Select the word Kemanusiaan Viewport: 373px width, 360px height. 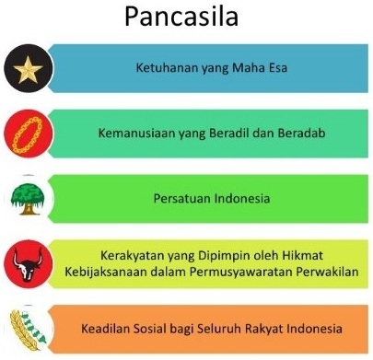(x=137, y=132)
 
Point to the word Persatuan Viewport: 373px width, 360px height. (x=182, y=197)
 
